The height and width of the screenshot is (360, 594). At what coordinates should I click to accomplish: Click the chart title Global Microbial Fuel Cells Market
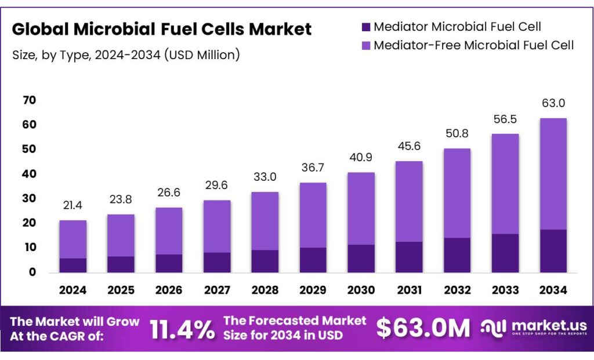pos(161,29)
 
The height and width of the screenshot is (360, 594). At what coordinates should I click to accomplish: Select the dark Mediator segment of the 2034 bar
pos(552,251)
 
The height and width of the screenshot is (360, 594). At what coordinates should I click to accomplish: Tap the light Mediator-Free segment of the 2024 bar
pos(73,239)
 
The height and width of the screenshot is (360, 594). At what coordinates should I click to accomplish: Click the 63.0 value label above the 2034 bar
pos(552,103)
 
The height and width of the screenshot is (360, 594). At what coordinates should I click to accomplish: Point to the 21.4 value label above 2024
pos(73,206)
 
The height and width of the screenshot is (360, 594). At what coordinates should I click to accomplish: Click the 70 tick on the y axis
pos(29,100)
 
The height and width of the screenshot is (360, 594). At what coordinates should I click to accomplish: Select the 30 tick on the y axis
pos(29,198)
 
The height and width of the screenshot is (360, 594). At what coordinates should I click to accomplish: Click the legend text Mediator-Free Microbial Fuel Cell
pos(473,45)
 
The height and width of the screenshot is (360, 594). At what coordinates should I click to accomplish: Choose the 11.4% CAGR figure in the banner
pos(182,329)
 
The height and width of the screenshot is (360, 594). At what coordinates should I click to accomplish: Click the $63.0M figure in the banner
pos(423,328)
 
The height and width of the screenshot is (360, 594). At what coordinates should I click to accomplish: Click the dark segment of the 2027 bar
pos(216,262)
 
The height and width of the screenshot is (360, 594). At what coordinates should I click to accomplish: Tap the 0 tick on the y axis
pos(32,272)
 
